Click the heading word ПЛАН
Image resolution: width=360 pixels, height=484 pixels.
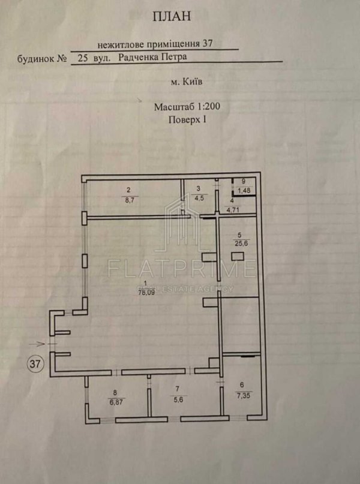(x=172, y=16)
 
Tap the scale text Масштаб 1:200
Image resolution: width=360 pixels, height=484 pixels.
(x=187, y=107)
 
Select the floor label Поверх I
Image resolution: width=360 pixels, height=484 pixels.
(x=187, y=119)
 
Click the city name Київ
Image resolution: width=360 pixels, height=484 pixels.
(x=193, y=82)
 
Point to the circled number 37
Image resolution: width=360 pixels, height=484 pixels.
(x=35, y=363)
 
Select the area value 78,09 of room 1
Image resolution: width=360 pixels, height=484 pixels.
(x=146, y=292)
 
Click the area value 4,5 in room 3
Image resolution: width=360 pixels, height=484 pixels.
(x=199, y=198)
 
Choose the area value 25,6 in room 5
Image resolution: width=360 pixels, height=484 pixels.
(x=242, y=243)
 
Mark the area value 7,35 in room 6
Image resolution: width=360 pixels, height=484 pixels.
(x=243, y=395)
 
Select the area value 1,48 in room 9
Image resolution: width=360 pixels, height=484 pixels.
(x=244, y=191)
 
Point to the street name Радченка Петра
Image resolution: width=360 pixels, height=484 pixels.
(x=152, y=57)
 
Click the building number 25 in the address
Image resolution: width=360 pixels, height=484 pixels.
(x=82, y=58)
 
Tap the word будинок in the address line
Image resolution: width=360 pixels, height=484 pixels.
(x=35, y=58)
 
